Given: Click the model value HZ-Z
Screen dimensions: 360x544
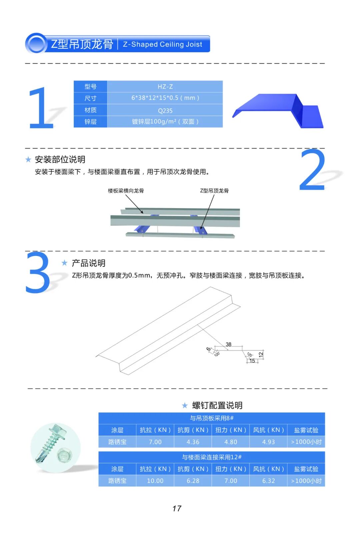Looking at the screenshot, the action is [x=165, y=86].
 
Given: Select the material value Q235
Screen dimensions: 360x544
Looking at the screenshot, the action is [x=165, y=111].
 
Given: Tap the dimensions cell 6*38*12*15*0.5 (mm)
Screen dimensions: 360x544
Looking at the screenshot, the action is [x=165, y=98].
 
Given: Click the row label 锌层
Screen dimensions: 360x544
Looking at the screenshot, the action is [x=90, y=122].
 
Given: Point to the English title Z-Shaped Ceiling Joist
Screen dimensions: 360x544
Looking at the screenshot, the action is [x=163, y=44].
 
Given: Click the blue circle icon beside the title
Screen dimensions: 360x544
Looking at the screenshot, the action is [x=36, y=44].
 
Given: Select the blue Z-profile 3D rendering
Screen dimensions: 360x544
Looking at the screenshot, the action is [x=278, y=111].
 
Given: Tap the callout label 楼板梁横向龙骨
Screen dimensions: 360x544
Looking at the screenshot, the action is [x=126, y=191].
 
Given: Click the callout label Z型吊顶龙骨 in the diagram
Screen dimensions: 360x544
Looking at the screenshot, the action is [x=214, y=191].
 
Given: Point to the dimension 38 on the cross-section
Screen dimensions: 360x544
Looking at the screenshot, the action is [x=229, y=344].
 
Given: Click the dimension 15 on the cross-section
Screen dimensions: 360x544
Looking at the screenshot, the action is [x=252, y=361].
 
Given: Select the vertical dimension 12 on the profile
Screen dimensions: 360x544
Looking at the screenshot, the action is [x=261, y=355].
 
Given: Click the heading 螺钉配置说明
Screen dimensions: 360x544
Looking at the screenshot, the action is [x=217, y=405].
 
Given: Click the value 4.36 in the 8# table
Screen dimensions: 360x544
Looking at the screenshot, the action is [x=193, y=442].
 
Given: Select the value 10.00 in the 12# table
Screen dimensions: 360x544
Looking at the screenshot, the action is [x=155, y=481].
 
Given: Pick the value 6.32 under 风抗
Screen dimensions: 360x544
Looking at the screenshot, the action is [x=268, y=481].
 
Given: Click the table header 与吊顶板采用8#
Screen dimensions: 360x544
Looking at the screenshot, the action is [x=212, y=418].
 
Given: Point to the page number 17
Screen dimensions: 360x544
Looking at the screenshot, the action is [x=177, y=509].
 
